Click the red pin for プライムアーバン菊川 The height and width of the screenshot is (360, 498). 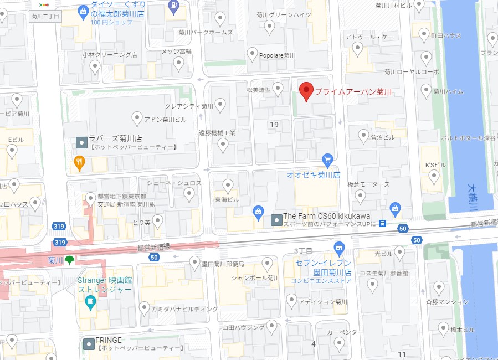306,91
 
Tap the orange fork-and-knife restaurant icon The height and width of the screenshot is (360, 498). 80,162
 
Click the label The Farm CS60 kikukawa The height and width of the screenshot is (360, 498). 326,216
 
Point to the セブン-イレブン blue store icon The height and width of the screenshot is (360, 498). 340,248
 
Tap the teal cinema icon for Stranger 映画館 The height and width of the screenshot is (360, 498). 90,302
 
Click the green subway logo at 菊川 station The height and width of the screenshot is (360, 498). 69,260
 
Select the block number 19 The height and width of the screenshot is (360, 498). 274,125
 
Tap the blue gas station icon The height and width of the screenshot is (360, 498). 174,6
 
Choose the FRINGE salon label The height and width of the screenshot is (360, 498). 109,340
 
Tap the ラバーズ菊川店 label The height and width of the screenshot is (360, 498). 115,138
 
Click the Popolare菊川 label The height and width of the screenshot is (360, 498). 279,55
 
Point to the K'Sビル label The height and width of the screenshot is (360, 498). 435,165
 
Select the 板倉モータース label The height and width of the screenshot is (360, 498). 368,184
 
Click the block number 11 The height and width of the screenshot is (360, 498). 402,354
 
